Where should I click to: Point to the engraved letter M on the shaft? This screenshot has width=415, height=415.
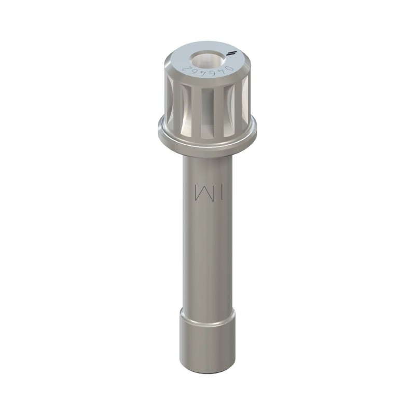pos(200,191)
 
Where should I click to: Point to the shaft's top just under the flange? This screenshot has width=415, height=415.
pos(208,158)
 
